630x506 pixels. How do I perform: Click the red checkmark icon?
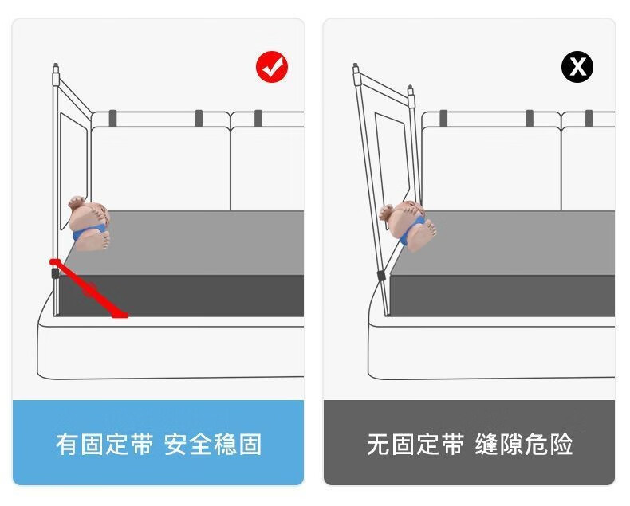(x=272, y=67)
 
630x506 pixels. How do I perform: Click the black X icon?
(x=577, y=67)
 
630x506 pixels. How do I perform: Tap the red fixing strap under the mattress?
(x=89, y=288)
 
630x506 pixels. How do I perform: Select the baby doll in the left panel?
(x=89, y=224)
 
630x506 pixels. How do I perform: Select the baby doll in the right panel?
(x=408, y=226)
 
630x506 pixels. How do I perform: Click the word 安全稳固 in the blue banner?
(x=213, y=444)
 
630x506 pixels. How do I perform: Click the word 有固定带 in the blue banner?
(x=104, y=444)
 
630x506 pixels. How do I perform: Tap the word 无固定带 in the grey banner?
(x=415, y=444)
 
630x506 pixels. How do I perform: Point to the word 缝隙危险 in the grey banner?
(x=524, y=444)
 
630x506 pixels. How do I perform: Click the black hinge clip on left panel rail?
(x=55, y=273)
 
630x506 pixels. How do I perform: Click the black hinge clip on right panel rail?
(x=380, y=276)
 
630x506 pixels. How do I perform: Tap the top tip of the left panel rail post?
(x=56, y=65)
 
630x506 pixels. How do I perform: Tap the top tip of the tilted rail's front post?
(x=355, y=65)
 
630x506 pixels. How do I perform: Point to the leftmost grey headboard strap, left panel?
(x=112, y=118)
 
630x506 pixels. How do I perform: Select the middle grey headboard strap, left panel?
(x=199, y=118)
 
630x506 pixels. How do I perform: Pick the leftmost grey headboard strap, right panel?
(x=443, y=118)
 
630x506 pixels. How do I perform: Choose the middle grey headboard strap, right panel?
(x=530, y=118)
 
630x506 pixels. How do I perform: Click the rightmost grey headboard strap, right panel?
(x=589, y=118)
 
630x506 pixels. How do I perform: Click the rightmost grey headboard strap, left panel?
(x=258, y=118)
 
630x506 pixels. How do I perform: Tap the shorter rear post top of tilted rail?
(x=410, y=86)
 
